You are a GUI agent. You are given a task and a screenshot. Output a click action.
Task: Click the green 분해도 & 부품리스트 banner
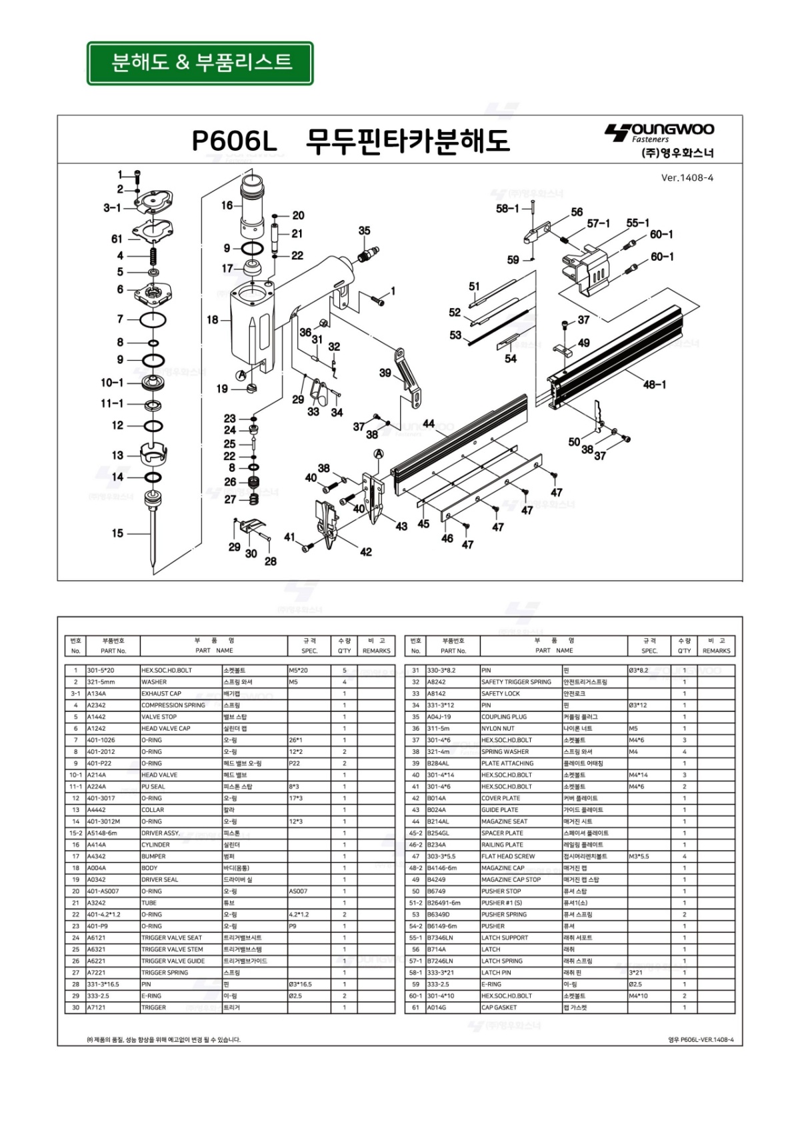pos(200,63)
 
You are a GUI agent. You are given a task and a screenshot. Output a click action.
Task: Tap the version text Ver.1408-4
pos(687,178)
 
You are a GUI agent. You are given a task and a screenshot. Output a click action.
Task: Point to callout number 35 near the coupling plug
pos(364,231)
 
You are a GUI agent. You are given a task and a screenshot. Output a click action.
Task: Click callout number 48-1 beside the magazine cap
pos(655,385)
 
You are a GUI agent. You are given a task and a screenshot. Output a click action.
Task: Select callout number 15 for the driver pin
pos(117,533)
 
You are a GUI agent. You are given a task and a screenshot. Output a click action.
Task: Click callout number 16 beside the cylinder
pos(227,205)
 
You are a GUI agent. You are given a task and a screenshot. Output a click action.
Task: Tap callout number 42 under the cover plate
pos(366,552)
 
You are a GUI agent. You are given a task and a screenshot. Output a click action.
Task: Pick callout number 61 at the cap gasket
pos(117,239)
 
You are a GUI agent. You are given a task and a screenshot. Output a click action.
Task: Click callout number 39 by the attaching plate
pos(385,373)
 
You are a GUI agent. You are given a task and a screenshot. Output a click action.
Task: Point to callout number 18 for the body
pos(212,320)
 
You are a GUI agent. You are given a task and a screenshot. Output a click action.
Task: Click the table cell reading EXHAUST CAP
pos(161,693)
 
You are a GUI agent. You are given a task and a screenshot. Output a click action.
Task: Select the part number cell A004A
pos(97,868)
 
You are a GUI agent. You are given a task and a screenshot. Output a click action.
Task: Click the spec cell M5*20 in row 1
pos(298,670)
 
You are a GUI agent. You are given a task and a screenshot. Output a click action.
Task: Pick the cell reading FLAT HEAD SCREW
pos(508,856)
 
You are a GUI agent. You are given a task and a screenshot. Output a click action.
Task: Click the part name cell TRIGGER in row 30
pos(153,1007)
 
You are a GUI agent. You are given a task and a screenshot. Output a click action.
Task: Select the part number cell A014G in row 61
pos(436,1007)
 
